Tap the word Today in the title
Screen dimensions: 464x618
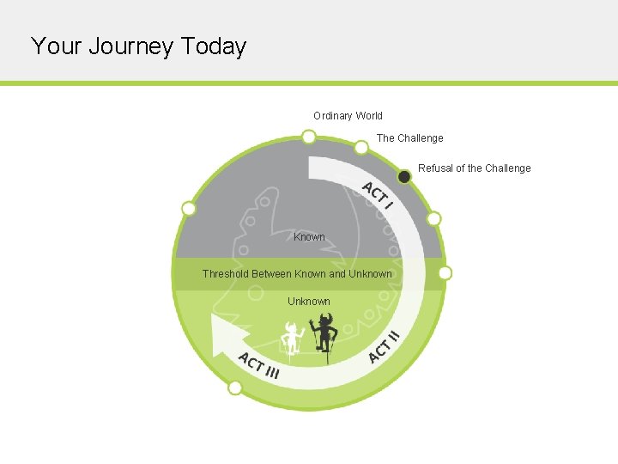214,46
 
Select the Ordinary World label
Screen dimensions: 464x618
348,116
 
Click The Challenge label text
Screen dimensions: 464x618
410,138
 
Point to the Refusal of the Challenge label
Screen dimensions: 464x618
474,168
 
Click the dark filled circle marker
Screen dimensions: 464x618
403,176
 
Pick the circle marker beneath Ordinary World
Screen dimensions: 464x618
308,137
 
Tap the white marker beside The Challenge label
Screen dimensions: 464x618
361,148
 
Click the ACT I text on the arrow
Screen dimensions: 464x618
377,196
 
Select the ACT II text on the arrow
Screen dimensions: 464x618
384,345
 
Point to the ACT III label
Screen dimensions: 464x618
258,365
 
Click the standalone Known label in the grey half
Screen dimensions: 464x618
309,237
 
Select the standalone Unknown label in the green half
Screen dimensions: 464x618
309,302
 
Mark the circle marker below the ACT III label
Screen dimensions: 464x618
234,388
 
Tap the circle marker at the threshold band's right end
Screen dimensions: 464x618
445,273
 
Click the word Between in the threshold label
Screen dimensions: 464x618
270,274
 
